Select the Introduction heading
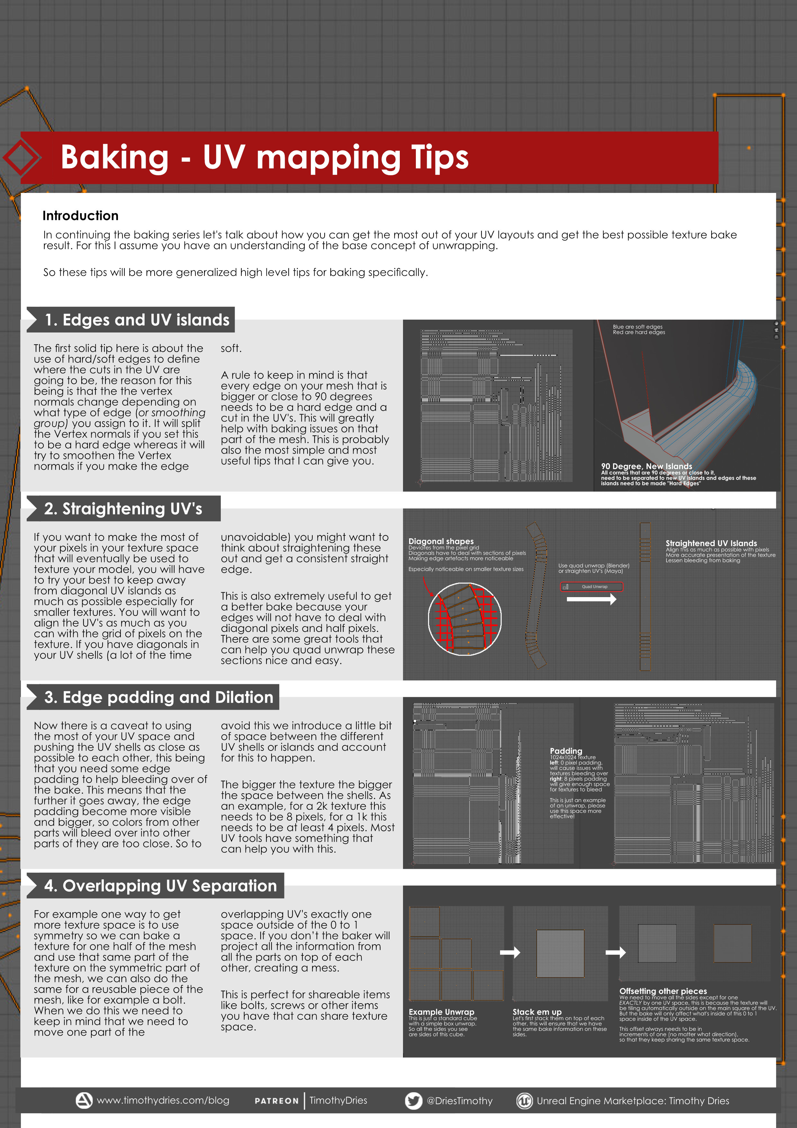pyautogui.click(x=81, y=216)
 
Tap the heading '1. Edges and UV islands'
pyautogui.click(x=137, y=320)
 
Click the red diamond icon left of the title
pyautogui.click(x=20, y=158)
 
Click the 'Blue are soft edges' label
pyautogui.click(x=637, y=327)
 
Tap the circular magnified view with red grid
pyautogui.click(x=465, y=619)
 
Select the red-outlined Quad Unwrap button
pyautogui.click(x=591, y=587)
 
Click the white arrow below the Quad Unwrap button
pyautogui.click(x=591, y=599)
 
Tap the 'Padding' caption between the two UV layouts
pyautogui.click(x=566, y=751)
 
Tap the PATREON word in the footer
pyautogui.click(x=276, y=1101)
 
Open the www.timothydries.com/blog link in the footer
pyautogui.click(x=163, y=1100)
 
